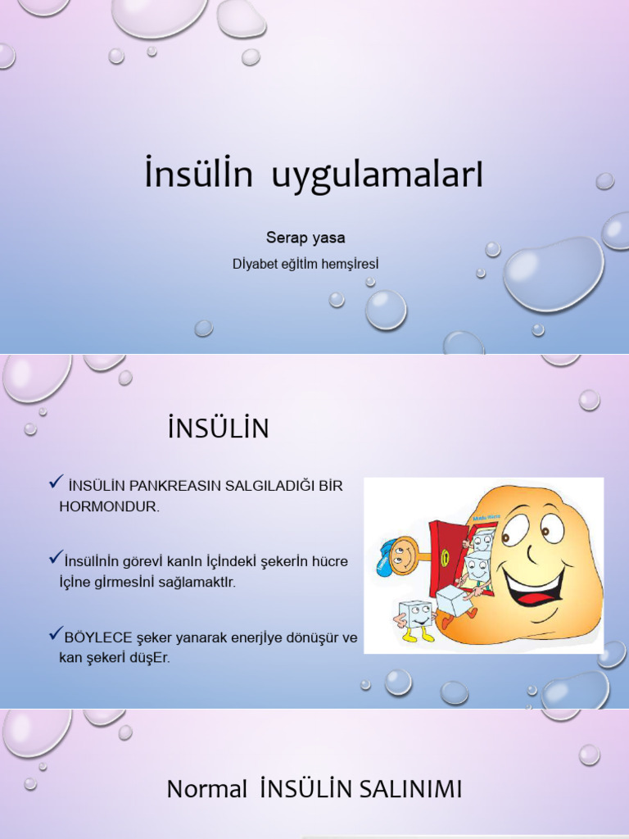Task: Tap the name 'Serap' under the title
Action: (284, 238)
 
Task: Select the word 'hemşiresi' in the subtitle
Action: (351, 264)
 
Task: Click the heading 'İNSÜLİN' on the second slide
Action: (218, 429)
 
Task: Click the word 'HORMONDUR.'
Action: (109, 506)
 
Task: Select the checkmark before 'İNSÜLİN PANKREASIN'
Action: (56, 483)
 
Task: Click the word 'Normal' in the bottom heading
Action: (206, 790)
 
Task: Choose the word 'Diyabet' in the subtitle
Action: (255, 264)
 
